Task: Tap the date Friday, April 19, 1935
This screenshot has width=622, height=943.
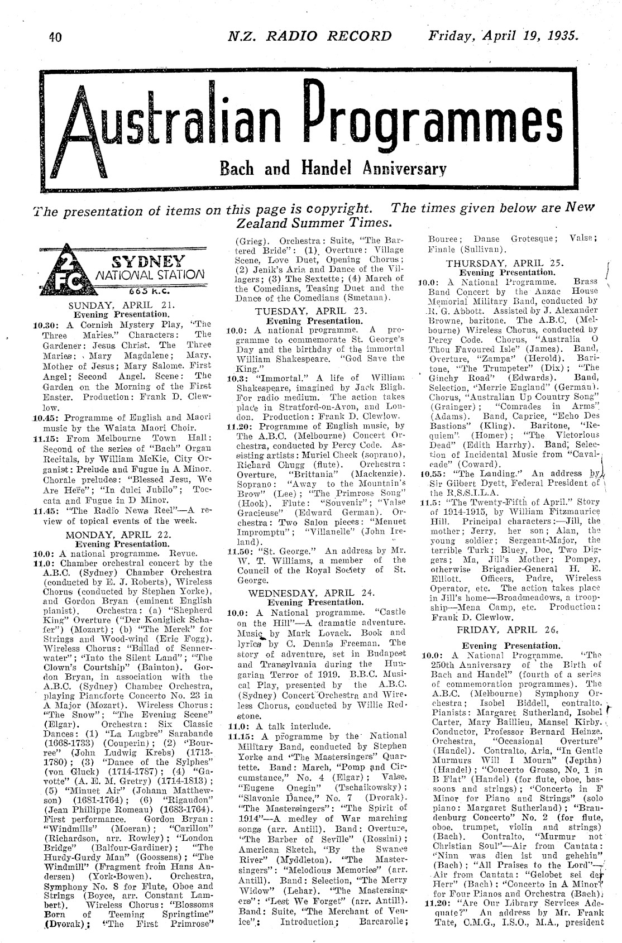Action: [503, 36]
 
